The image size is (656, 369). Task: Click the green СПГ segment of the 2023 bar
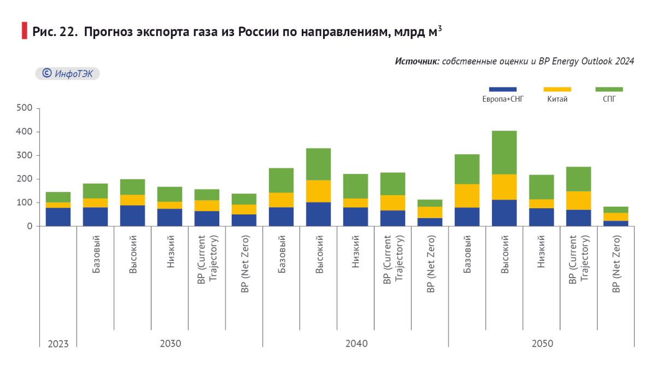coord(58,197)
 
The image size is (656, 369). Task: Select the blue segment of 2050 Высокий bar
coord(504,213)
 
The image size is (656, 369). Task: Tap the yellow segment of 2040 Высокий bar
coord(318,191)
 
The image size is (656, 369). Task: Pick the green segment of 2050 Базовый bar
coord(467,169)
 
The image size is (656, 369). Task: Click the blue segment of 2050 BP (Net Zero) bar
coord(616,223)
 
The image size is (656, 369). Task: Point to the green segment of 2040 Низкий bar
coord(355,186)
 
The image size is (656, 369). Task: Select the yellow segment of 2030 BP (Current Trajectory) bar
coord(207,206)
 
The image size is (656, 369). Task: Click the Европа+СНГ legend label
coord(502,99)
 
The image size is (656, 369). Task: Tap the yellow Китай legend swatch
coord(557,89)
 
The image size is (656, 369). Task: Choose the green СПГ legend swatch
coord(609,89)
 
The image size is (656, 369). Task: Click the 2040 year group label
coord(356,344)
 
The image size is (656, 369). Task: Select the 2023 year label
coord(58,344)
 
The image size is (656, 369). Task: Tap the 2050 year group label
coord(542,344)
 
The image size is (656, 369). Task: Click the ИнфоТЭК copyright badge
coord(68,73)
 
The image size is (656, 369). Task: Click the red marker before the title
coord(24,31)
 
